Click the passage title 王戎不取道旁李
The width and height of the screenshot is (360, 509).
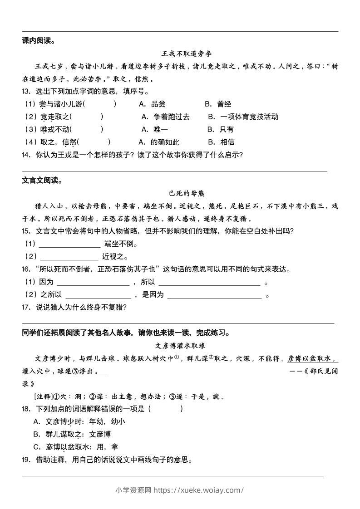coord(180,54)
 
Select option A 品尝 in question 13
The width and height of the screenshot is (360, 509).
coord(152,104)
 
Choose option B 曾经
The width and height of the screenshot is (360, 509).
coord(218,104)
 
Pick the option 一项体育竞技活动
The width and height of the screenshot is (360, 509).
coord(243,117)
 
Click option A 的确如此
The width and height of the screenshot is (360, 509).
coord(159,142)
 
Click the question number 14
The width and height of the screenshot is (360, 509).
coord(26,155)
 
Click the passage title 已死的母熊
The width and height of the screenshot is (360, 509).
coord(180,193)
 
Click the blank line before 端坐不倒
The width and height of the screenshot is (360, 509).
coord(70,244)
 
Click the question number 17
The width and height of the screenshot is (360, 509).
coord(26,308)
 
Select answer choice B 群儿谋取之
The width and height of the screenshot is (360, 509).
coord(72,434)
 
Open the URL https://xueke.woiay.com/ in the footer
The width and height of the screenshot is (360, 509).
coord(199,490)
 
